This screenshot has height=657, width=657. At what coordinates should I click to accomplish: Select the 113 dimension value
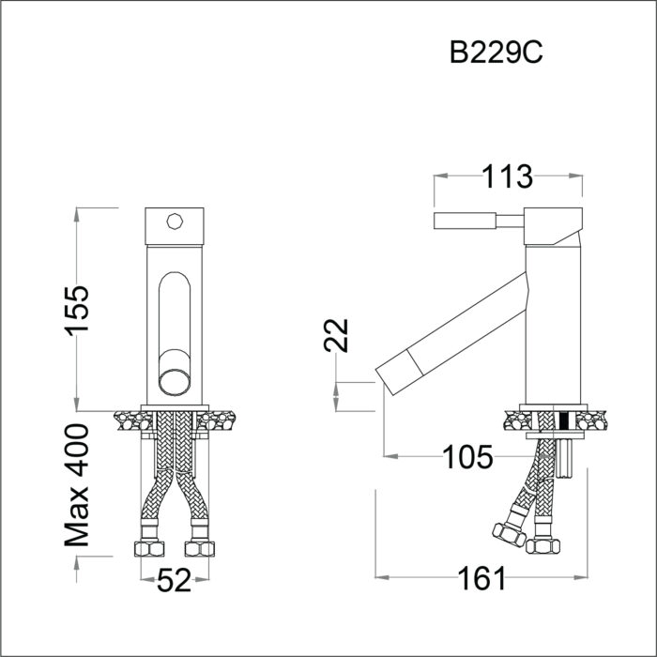[x=506, y=176]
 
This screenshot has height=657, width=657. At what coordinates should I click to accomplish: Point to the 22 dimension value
[x=340, y=335]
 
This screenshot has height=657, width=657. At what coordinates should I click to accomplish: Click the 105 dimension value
[x=467, y=457]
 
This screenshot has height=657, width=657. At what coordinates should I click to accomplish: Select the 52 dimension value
[x=173, y=582]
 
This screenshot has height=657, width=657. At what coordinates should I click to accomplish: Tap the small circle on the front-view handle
[x=173, y=222]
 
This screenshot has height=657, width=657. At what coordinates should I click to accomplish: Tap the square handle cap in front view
[x=173, y=225]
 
